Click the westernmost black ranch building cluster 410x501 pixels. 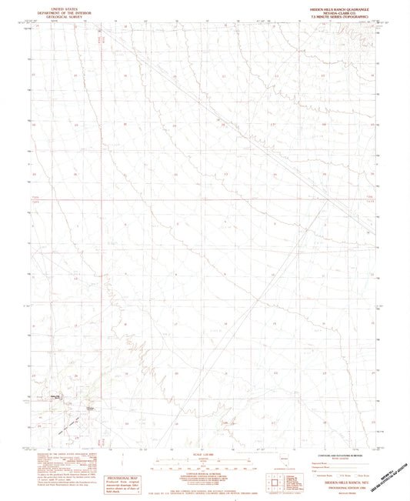point(56,396)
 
